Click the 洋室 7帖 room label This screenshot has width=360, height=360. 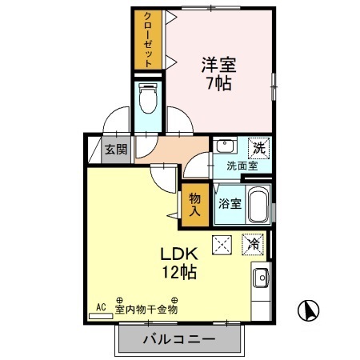point(217,73)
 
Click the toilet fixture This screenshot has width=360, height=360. point(148,99)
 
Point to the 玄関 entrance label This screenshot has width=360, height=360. point(112,149)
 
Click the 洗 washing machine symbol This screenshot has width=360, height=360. point(258,147)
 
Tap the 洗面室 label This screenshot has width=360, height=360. point(240,166)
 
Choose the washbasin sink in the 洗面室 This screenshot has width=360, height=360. point(225,146)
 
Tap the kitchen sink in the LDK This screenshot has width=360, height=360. point(260,278)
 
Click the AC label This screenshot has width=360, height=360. point(101,306)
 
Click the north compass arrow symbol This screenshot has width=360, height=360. point(309,309)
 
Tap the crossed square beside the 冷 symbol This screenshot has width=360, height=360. point(220,244)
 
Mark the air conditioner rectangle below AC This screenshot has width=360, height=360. point(101,316)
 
